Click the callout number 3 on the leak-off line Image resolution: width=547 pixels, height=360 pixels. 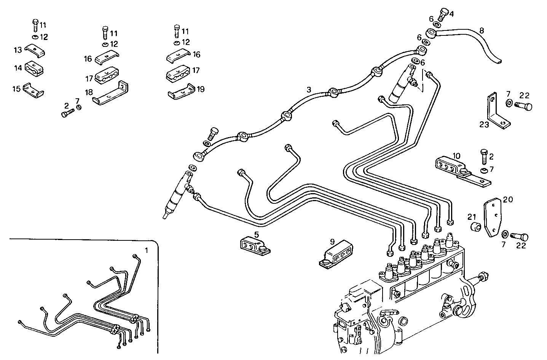[309, 90]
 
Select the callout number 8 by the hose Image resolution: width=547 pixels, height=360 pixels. [482, 31]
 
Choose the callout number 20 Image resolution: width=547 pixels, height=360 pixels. [508, 199]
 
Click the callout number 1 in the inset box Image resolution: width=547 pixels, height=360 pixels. [146, 250]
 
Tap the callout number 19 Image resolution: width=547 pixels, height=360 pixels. [201, 89]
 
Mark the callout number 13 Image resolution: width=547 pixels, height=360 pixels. [18, 50]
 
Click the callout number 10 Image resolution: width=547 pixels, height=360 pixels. [457, 156]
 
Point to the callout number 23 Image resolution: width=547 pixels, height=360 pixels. [484, 125]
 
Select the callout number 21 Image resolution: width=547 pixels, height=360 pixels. [472, 217]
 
